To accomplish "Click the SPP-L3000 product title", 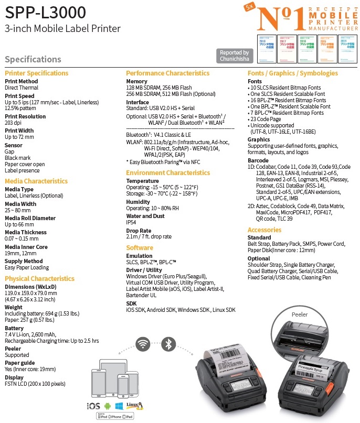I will click(x=46, y=12).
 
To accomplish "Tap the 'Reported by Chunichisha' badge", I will click(x=234, y=56).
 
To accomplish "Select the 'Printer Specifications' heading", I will click(x=37, y=73).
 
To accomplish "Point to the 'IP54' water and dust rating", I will click(x=132, y=222).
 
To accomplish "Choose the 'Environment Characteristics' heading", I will click(x=168, y=172).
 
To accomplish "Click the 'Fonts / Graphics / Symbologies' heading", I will click(x=293, y=73).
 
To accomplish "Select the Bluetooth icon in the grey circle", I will click(x=168, y=344).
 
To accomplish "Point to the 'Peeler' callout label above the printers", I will click(x=300, y=314).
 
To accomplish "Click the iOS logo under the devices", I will click(x=93, y=406).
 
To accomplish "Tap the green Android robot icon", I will click(x=108, y=406).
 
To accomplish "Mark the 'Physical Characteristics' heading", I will click(x=40, y=278).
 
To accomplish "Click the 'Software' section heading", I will click(x=140, y=247).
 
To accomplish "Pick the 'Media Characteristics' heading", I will click(x=36, y=181).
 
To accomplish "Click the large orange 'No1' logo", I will click(x=281, y=17).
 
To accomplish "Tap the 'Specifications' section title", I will click(x=33, y=59).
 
